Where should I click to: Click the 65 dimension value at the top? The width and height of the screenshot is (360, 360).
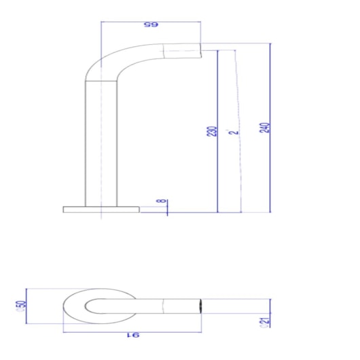coord(150,26)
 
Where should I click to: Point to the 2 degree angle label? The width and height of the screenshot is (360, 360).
coord(233,131)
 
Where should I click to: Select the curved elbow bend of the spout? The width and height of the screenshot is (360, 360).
coord(102,61)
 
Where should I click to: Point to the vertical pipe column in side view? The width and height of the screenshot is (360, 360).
coord(101,143)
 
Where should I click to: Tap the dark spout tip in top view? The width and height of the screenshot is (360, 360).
coord(200,306)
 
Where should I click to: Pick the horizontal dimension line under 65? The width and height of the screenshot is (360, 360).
coord(150,22)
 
